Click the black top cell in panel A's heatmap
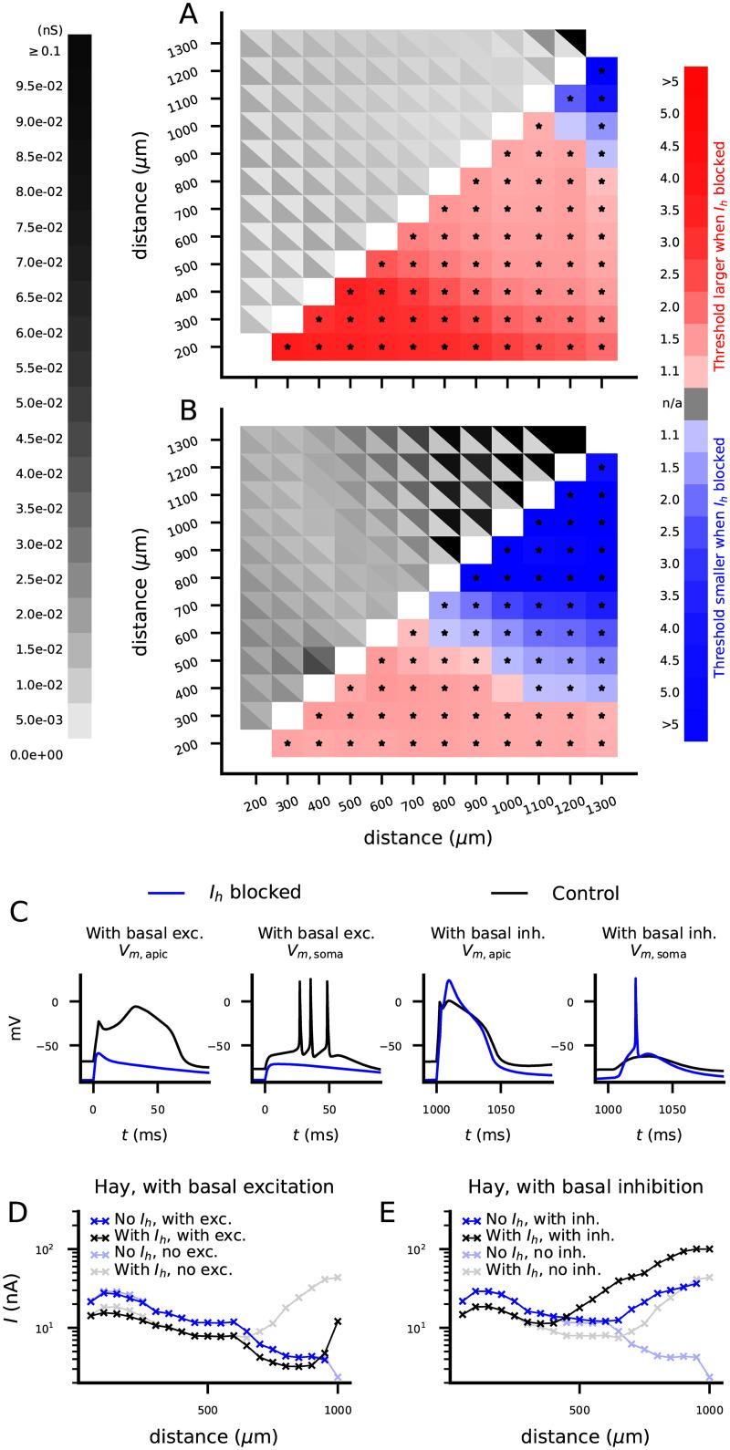[x=570, y=43]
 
